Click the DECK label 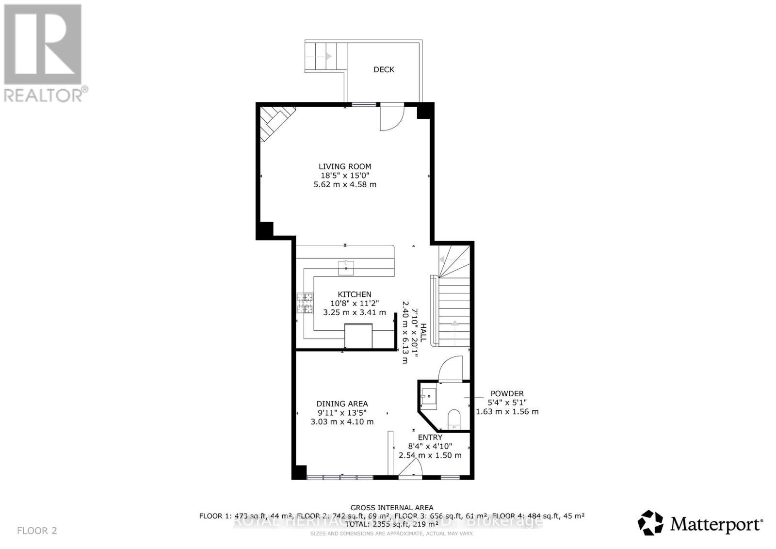pyautogui.click(x=384, y=69)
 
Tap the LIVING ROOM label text pyautogui.click(x=344, y=166)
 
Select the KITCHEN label pyautogui.click(x=355, y=294)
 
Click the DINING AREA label pyautogui.click(x=342, y=404)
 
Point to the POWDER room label pyautogui.click(x=507, y=394)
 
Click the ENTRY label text pyautogui.click(x=430, y=437)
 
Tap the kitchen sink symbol pyautogui.click(x=346, y=267)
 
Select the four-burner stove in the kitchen pyautogui.click(x=305, y=304)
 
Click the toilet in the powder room pyautogui.click(x=454, y=419)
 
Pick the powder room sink pyautogui.click(x=429, y=396)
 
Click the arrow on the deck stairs pyautogui.click(x=328, y=56)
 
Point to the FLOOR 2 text pyautogui.click(x=37, y=531)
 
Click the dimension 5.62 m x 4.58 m pyautogui.click(x=344, y=184)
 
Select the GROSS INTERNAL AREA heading pyautogui.click(x=392, y=508)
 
